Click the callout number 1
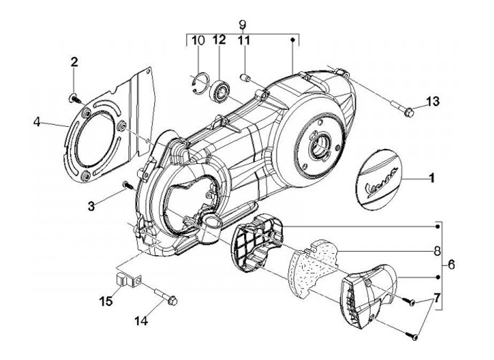pos(432,178)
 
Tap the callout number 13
pos(432,101)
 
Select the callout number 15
pos(106,301)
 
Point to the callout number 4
pos(37,122)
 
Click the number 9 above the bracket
pos(242,25)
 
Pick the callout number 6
pos(451,265)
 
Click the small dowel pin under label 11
pos(244,77)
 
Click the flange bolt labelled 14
pos(166,296)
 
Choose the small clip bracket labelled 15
pos(127,280)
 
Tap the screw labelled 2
pos(75,99)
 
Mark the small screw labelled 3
pos(128,186)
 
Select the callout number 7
pos(436,298)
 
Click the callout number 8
pos(437,242)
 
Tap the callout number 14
pos(141,321)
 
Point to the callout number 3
pos(91,206)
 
